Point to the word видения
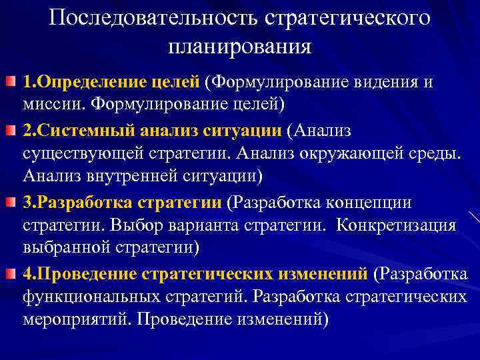pyautogui.click(x=387, y=82)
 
